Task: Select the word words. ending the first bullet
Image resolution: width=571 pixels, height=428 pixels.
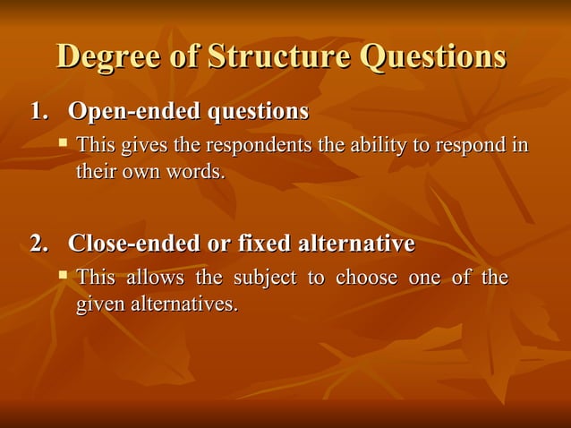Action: (x=194, y=171)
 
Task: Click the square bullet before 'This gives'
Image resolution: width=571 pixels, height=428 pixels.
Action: (x=63, y=142)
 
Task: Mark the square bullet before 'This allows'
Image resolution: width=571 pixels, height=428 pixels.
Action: (x=63, y=275)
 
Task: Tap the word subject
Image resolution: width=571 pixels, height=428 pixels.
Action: (x=266, y=278)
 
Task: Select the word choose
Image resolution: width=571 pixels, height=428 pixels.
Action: (x=366, y=278)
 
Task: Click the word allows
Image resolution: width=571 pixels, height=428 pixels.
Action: (x=155, y=278)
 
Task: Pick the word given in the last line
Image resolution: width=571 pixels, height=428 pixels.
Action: (x=101, y=304)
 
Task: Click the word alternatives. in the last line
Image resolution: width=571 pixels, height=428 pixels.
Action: (x=185, y=304)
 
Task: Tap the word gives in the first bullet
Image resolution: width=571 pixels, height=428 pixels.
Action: (x=141, y=145)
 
